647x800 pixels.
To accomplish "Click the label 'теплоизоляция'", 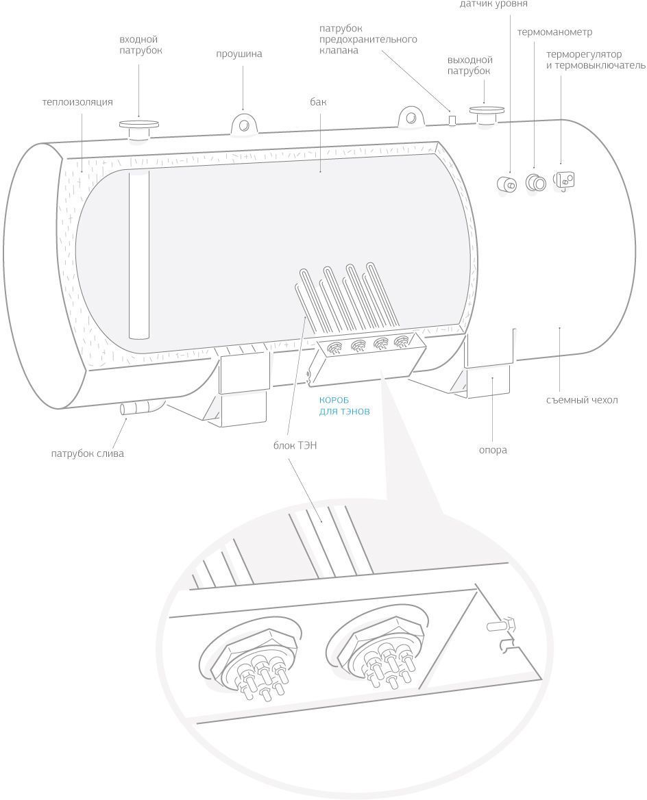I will coord(77,102).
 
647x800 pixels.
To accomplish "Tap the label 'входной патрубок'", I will coord(140,45).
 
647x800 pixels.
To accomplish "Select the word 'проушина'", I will coord(239,54).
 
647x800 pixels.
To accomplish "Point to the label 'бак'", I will coord(318,102).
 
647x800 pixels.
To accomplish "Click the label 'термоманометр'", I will coord(554,32).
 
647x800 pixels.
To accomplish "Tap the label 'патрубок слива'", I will coord(87,453).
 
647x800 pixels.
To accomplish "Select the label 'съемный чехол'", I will coord(582,400).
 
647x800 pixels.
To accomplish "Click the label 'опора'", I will coord(492,450).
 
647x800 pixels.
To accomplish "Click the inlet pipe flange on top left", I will coord(139,127).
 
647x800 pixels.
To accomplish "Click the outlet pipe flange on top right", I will coord(485,112).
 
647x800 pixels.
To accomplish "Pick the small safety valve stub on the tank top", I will coord(452,120).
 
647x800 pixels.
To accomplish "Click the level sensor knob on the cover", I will coord(509,184).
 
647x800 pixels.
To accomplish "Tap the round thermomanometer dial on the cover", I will coord(535,182).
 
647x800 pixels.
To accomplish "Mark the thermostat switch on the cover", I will coord(564,180).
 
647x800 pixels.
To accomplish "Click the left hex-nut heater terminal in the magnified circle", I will coord(250,661).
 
